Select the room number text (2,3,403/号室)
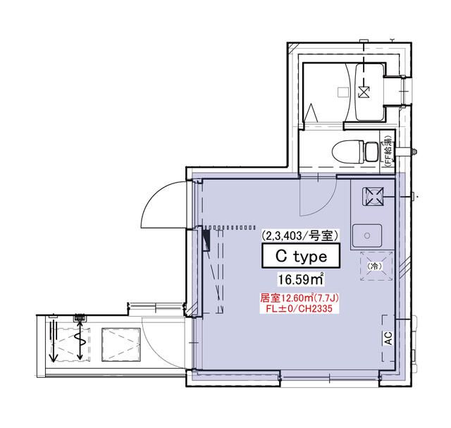(x=301, y=235)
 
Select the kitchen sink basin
(x=367, y=233)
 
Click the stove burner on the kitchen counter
(x=371, y=196)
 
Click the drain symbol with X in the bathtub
(x=364, y=90)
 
